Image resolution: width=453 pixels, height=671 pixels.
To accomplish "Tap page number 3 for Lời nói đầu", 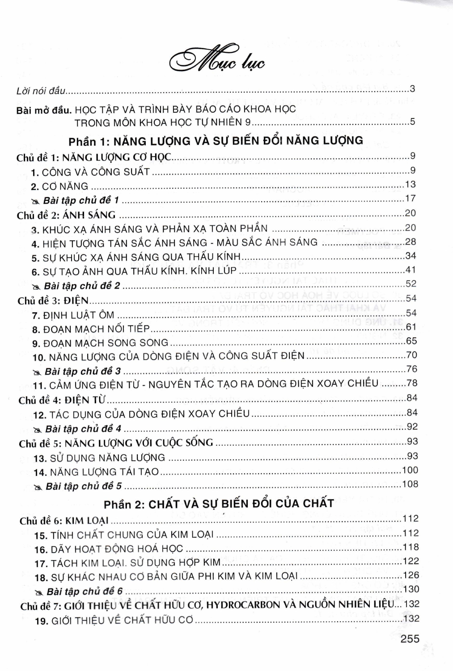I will (x=412, y=89).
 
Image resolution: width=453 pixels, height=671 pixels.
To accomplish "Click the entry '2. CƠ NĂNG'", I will (x=59, y=186).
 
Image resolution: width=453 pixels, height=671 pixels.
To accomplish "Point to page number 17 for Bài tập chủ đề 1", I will (x=410, y=198).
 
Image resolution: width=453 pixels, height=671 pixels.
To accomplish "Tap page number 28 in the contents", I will (x=410, y=242).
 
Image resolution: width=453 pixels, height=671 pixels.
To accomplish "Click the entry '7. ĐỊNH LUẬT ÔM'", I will (x=73, y=315).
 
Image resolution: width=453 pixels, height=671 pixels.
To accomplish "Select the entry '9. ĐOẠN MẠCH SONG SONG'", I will (x=100, y=343).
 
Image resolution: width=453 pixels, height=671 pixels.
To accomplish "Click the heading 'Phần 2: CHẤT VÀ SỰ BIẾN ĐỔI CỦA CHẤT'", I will (x=219, y=503).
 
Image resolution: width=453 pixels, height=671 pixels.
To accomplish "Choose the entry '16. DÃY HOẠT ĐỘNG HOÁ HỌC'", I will (x=109, y=549).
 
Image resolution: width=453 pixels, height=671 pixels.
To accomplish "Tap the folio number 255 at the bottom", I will (x=410, y=638).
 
